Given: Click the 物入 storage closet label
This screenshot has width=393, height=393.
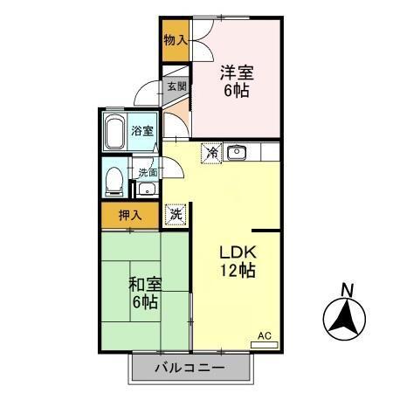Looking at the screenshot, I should coord(176,39).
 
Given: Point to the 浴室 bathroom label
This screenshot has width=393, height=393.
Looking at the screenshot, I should coord(142,130).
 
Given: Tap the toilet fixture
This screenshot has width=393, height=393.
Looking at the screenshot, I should coord(114,182).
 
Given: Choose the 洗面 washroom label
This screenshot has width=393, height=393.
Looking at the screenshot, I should coord(146,172).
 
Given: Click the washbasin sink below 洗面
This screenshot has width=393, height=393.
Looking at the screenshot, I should coord(147,190).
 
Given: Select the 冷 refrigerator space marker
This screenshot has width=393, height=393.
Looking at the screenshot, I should coord(211,153).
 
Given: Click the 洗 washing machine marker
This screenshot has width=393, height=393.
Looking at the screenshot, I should coord(176,212).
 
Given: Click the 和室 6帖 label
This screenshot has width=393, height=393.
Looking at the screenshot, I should coord(144,293).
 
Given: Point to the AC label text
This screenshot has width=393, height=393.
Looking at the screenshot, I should coord(265,334).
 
